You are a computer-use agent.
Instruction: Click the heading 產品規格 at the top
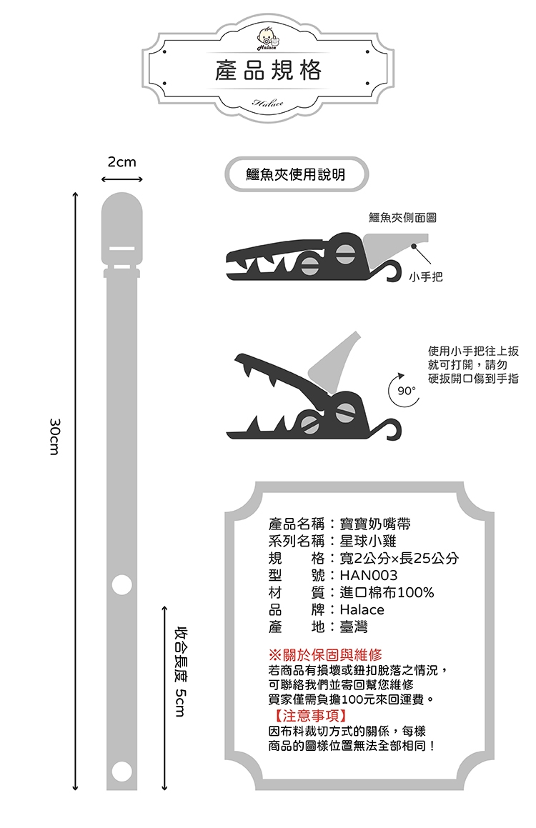pyautogui.click(x=268, y=70)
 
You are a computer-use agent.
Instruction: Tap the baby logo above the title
pyautogui.click(x=268, y=38)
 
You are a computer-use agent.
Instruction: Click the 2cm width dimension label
pyautogui.click(x=122, y=161)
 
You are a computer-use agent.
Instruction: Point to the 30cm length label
pyautogui.click(x=54, y=437)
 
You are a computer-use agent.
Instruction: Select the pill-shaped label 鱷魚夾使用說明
pyautogui.click(x=297, y=174)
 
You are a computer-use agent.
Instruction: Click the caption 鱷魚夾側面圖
pyautogui.click(x=402, y=218)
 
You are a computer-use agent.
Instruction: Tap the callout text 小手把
pyautogui.click(x=426, y=276)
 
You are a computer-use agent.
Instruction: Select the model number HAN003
pyautogui.click(x=369, y=575)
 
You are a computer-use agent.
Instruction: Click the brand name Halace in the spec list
pyautogui.click(x=362, y=609)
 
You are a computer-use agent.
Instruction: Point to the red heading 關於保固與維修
pyautogui.click(x=333, y=655)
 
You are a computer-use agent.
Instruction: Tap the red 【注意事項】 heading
pyautogui.click(x=311, y=716)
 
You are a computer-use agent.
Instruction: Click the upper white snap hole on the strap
pyautogui.click(x=122, y=584)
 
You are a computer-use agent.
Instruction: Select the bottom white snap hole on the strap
pyautogui.click(x=122, y=771)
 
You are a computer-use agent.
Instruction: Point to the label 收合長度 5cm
pyautogui.click(x=181, y=672)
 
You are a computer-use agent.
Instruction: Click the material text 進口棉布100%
pyautogui.click(x=387, y=592)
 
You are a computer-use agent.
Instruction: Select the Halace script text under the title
pyautogui.click(x=268, y=102)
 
